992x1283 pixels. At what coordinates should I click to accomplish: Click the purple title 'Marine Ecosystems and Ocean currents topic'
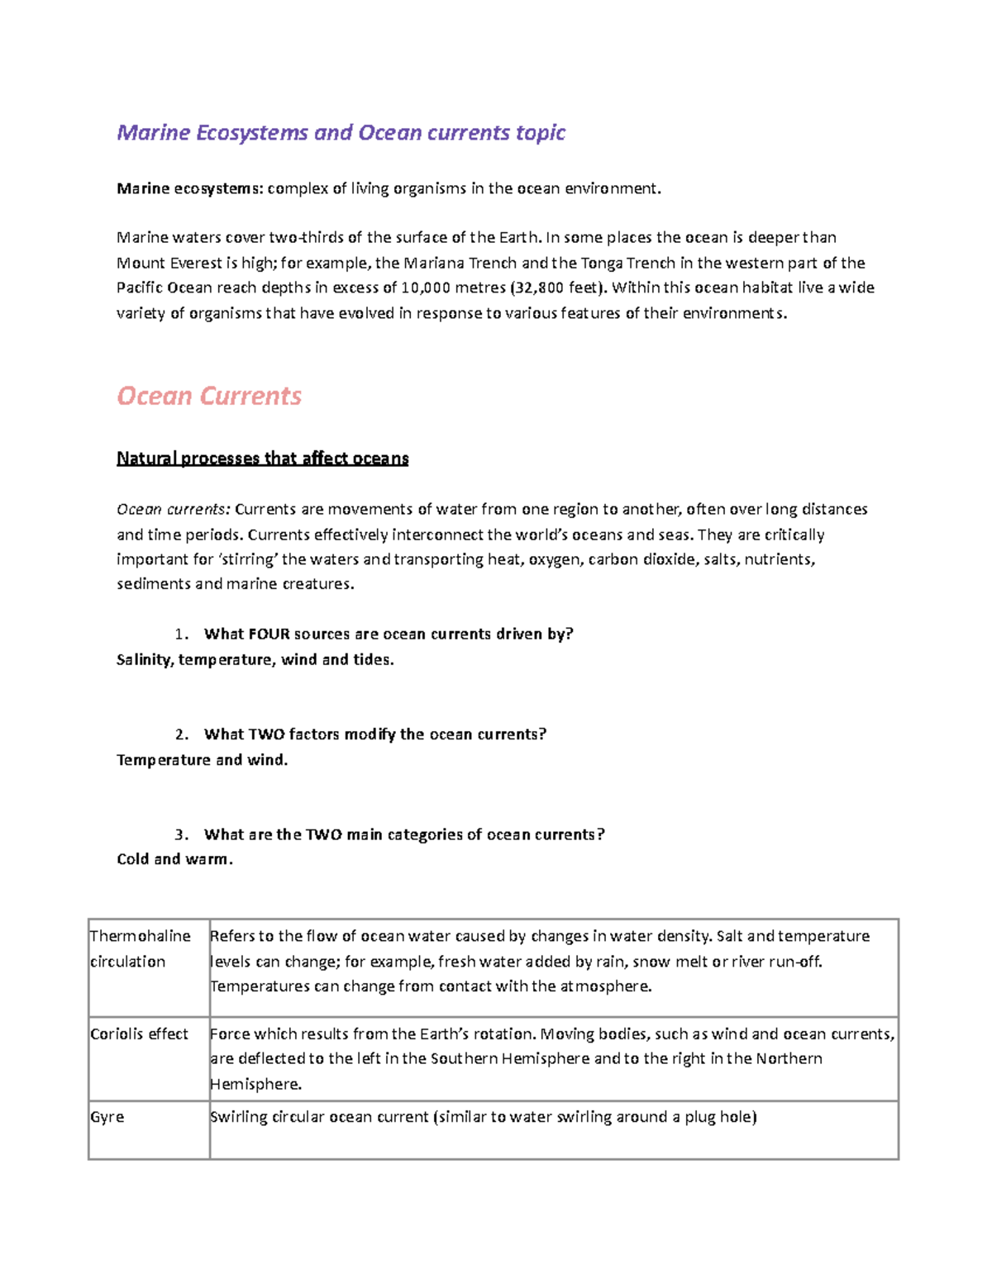(341, 132)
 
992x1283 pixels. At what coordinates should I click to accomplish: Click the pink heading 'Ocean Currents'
(209, 396)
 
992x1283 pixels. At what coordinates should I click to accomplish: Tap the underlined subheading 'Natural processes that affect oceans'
(263, 459)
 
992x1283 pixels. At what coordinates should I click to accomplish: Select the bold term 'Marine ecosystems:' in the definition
(189, 188)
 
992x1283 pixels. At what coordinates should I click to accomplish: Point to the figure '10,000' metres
(426, 287)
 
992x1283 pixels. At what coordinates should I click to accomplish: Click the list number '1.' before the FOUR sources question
(182, 634)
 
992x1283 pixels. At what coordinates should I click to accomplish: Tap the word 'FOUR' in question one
(269, 634)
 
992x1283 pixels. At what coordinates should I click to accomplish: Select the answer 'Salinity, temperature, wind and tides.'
(255, 660)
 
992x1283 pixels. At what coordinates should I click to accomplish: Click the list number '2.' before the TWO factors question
(182, 734)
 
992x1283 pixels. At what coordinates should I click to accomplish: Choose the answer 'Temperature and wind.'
(203, 760)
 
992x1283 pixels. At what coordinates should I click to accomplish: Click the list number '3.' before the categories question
(182, 834)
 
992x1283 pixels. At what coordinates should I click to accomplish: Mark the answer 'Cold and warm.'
(174, 859)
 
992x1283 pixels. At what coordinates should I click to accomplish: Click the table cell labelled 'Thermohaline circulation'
(141, 948)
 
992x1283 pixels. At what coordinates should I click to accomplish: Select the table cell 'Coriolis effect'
(139, 1034)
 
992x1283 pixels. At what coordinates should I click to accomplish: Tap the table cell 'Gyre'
(107, 1117)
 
